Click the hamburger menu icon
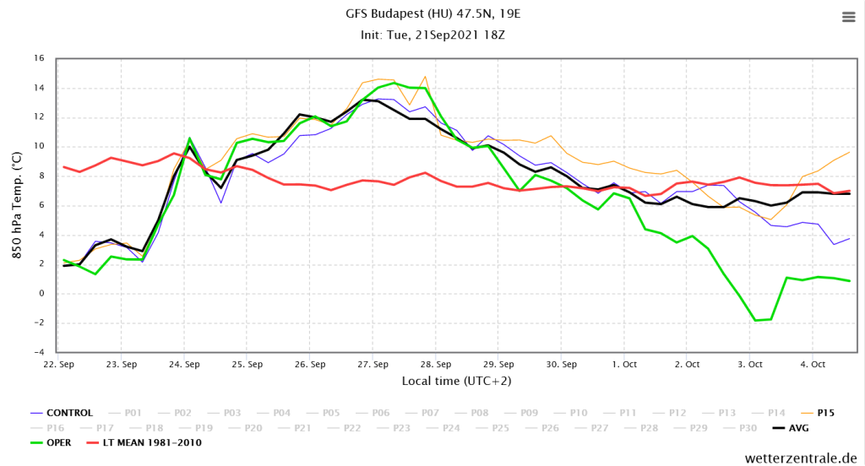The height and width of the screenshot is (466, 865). click(x=848, y=17)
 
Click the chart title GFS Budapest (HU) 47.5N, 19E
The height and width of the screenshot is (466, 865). click(x=432, y=14)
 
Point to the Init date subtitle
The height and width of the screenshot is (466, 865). click(x=432, y=35)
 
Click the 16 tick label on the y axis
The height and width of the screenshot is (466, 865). click(x=39, y=58)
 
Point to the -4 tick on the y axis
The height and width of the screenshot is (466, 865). click(x=38, y=352)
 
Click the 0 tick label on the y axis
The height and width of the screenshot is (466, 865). click(x=41, y=293)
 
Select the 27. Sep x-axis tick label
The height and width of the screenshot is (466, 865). click(x=373, y=365)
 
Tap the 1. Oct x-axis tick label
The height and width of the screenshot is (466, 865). click(x=624, y=365)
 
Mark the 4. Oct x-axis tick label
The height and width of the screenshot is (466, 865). click(x=813, y=365)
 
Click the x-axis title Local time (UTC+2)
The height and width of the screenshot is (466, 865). click(x=457, y=382)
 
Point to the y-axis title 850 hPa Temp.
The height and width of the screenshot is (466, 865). click(x=17, y=205)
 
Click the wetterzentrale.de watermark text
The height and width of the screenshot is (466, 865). click(x=801, y=458)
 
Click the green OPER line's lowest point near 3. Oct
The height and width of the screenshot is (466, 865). click(x=756, y=321)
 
